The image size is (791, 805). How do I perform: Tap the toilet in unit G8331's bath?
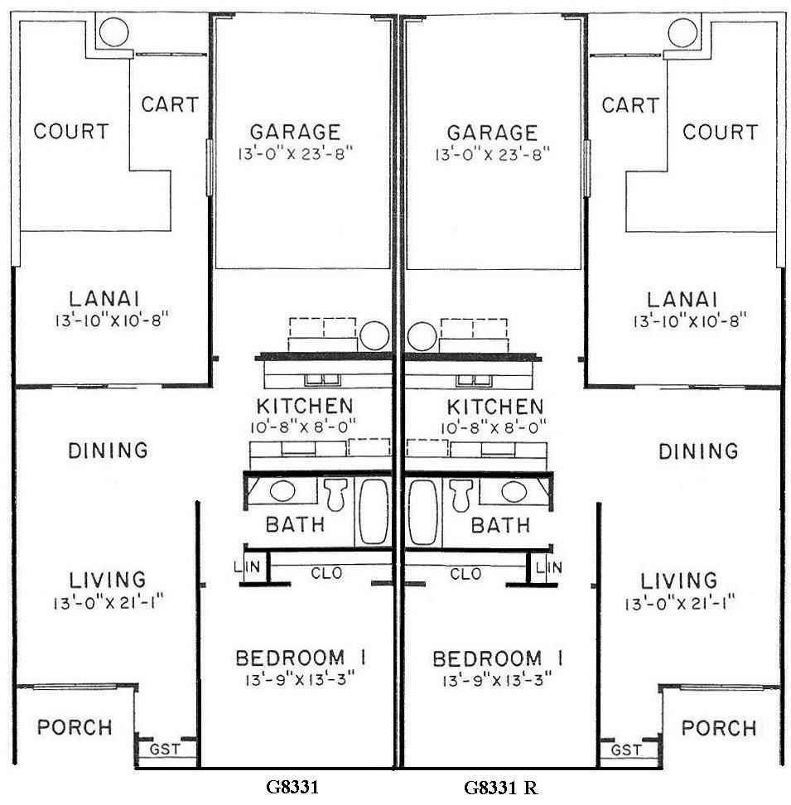(x=335, y=494)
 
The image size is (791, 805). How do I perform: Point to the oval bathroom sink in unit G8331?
(x=282, y=490)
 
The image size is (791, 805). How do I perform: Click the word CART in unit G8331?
(x=170, y=105)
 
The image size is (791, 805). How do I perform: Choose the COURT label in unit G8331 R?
(x=720, y=132)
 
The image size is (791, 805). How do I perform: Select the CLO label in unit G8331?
(x=326, y=572)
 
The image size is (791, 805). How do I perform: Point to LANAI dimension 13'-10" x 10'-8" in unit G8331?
(x=113, y=320)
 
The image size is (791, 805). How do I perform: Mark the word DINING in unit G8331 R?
(x=698, y=451)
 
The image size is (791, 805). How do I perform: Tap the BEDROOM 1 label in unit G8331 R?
(x=499, y=659)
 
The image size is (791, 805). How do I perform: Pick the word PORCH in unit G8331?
(x=75, y=727)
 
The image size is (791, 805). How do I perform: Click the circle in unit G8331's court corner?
(x=113, y=33)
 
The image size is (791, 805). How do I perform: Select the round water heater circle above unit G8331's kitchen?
(x=374, y=335)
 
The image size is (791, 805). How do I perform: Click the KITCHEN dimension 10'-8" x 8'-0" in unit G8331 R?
(x=495, y=427)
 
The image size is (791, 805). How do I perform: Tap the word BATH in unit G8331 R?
(x=500, y=525)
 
